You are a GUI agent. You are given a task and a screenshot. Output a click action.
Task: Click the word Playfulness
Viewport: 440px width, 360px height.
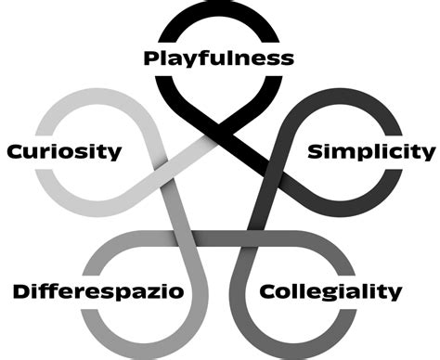[219, 58]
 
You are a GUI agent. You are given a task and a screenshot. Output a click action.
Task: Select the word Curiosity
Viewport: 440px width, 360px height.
[63, 150]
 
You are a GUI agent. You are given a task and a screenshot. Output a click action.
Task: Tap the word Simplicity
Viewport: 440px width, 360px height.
[370, 150]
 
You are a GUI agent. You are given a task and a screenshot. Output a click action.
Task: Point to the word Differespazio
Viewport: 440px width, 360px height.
[98, 292]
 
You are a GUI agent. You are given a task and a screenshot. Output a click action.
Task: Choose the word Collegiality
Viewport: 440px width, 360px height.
[331, 292]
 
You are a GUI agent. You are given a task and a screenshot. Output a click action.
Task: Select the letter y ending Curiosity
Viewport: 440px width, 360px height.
[115, 153]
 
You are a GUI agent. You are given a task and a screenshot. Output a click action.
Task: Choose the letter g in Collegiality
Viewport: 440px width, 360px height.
[331, 296]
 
